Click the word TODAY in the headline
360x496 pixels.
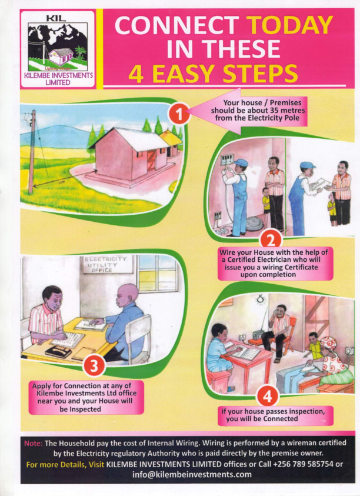pos(289,26)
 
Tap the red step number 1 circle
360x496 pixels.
pos(179,114)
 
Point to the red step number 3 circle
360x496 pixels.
pos(94,366)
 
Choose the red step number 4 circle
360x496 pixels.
pos(268,395)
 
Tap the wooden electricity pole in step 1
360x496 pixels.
pos(32,152)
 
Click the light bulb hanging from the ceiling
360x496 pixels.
pos(260,299)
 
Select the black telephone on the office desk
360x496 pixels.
pos(58,351)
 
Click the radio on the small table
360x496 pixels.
pos(258,334)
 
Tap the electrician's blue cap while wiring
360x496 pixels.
pos(241,163)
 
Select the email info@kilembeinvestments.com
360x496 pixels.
pos(192,474)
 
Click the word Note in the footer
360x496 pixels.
pos(33,443)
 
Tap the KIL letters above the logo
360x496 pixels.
pos(56,19)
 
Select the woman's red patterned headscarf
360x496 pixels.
pos(329,344)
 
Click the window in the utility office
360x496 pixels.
pos(157,273)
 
